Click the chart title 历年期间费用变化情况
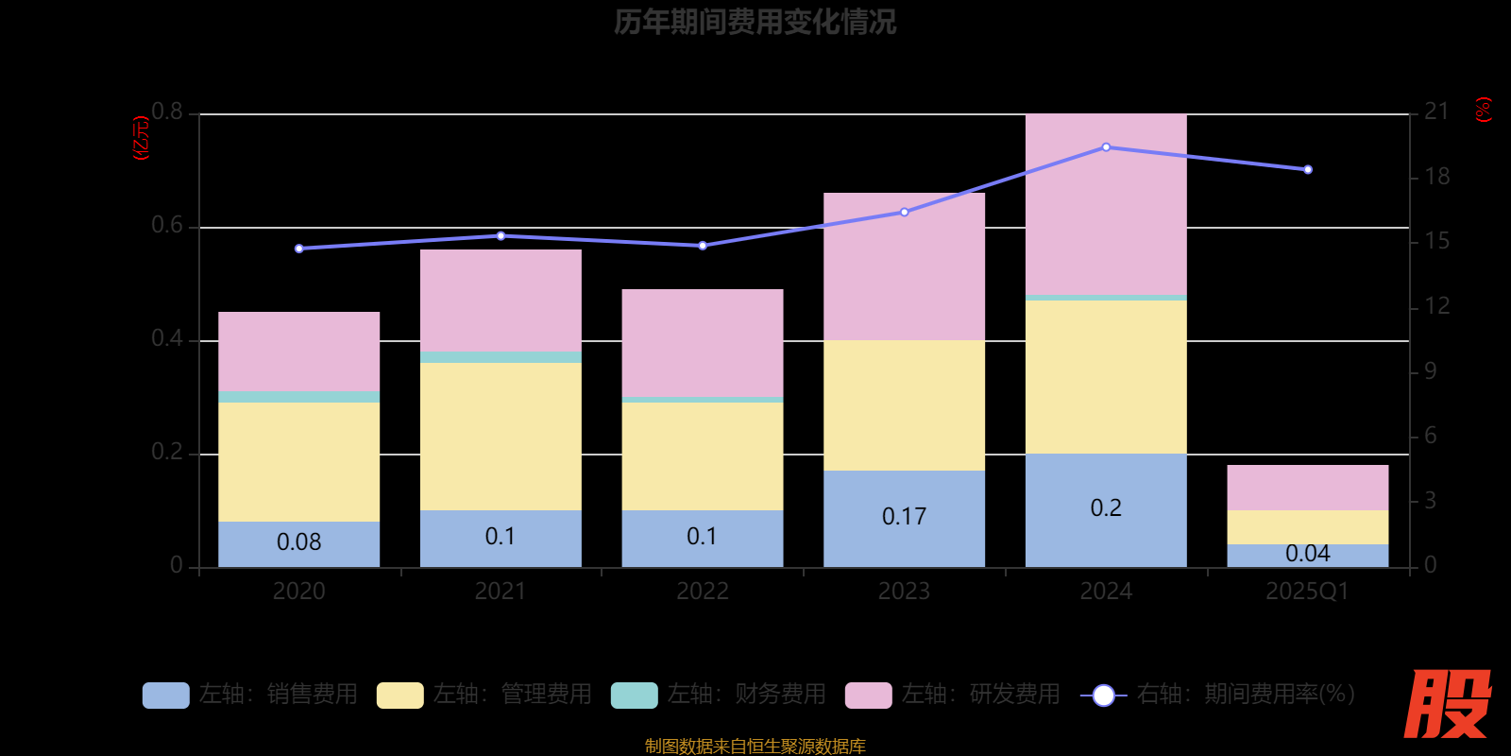click(755, 22)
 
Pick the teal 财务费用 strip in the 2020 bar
click(298, 397)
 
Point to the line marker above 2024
click(1106, 147)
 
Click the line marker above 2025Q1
click(1308, 170)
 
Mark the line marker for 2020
click(299, 249)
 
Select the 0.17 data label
click(904, 517)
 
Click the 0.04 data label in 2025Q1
click(1308, 554)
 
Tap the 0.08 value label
click(298, 542)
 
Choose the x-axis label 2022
click(702, 592)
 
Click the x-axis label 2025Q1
click(1308, 592)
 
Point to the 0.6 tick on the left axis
click(167, 226)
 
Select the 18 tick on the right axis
click(1436, 177)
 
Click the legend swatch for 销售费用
click(165, 696)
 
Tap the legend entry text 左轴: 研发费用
click(980, 695)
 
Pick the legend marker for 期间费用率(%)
click(1103, 696)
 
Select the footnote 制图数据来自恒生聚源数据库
click(755, 747)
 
